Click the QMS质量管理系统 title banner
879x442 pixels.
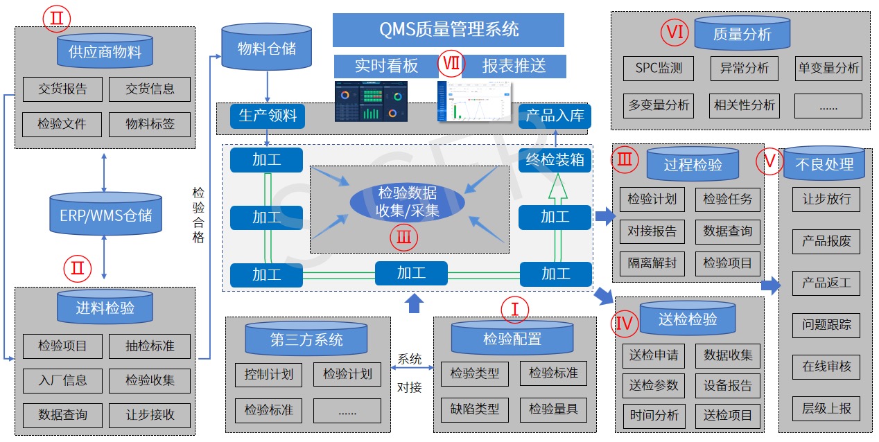tap(448, 30)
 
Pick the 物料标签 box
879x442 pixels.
tap(150, 124)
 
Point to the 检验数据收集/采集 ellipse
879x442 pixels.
tap(408, 202)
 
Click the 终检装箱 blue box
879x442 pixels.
tap(555, 160)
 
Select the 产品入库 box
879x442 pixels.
tap(555, 116)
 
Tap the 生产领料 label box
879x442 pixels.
tap(268, 116)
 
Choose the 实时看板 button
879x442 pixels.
tap(385, 66)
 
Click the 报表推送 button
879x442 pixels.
tap(514, 66)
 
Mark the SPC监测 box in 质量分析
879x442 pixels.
tap(658, 68)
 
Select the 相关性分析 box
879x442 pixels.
tap(744, 105)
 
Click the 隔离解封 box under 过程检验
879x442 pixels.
tap(652, 263)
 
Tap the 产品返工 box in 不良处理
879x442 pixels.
tap(826, 283)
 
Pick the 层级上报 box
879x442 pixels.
tap(826, 408)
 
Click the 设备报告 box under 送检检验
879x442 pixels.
tap(727, 385)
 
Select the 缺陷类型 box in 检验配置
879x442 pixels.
tap(474, 409)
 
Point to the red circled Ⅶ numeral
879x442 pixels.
tap(451, 65)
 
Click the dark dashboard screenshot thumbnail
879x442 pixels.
tap(371, 102)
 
